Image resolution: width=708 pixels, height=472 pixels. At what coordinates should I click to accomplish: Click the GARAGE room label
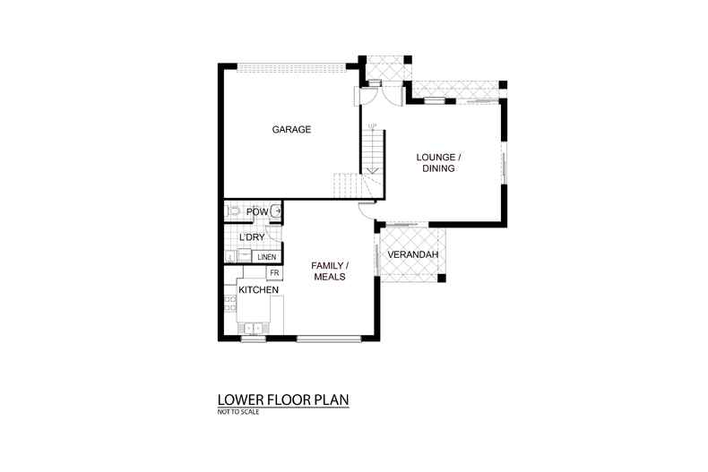click(291, 130)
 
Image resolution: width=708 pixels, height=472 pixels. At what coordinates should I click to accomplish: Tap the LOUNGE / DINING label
click(438, 162)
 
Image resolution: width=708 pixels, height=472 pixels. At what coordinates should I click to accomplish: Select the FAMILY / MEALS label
click(329, 271)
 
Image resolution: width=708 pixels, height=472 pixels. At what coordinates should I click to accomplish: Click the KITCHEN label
click(258, 290)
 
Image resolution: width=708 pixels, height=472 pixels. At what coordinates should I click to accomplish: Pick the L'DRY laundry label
click(252, 236)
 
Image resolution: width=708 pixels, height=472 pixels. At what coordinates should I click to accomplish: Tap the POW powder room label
click(256, 211)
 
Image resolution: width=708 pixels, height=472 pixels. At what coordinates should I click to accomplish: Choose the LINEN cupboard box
click(266, 257)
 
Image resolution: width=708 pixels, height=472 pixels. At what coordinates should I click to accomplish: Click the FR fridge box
click(274, 272)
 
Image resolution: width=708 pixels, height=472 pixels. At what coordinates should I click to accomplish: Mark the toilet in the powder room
click(233, 212)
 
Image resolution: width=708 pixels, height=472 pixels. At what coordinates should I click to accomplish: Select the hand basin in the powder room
click(277, 211)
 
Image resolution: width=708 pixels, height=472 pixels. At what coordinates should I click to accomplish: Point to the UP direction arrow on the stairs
click(372, 167)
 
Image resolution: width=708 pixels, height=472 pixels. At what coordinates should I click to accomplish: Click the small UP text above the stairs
click(372, 125)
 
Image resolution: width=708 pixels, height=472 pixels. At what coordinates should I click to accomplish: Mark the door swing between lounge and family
click(365, 210)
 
